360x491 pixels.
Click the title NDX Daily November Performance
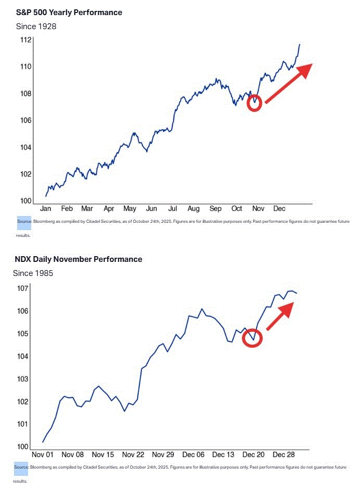pyautogui.click(x=78, y=259)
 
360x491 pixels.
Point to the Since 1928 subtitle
pyautogui.click(x=36, y=26)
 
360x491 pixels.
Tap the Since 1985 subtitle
pyautogui.click(x=33, y=273)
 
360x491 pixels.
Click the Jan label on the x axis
pyautogui.click(x=45, y=208)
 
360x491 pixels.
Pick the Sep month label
pyautogui.click(x=215, y=208)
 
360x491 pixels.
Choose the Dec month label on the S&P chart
pyautogui.click(x=279, y=208)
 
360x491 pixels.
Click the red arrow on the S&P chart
pyautogui.click(x=289, y=83)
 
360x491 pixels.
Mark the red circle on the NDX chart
pyautogui.click(x=253, y=337)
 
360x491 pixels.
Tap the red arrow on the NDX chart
pyautogui.click(x=280, y=316)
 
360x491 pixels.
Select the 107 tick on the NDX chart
pyautogui.click(x=23, y=289)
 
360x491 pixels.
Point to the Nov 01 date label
pyautogui.click(x=43, y=454)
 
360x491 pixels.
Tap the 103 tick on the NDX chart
pyautogui.click(x=23, y=379)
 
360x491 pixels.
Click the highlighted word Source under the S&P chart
pyautogui.click(x=24, y=221)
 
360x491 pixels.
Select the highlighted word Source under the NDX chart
pyautogui.click(x=21, y=468)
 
